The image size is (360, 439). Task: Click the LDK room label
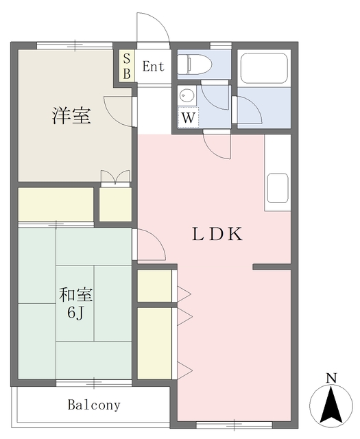217,235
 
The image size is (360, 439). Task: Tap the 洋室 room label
71,116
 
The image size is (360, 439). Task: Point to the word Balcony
94,405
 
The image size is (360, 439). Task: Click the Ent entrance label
153,67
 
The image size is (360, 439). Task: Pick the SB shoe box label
127,67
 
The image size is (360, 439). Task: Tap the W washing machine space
188,117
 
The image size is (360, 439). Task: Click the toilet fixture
195,64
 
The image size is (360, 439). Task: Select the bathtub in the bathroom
264,69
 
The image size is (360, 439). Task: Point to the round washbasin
187,96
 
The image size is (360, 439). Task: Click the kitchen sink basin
278,188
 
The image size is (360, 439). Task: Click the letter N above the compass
331,378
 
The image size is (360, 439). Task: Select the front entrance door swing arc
153,27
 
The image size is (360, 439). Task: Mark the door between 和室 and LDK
149,244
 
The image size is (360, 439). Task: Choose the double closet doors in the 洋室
115,177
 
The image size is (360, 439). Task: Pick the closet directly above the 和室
56,204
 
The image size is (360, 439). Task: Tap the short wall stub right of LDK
272,267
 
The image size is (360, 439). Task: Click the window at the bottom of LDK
234,425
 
